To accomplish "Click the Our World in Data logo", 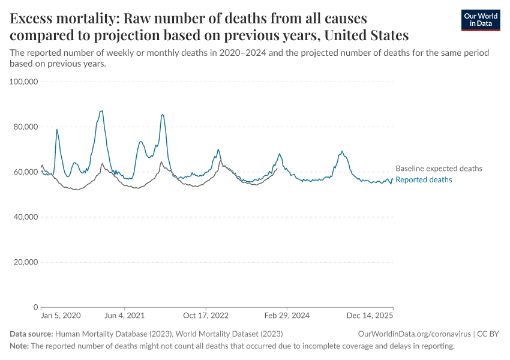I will [x=480, y=20].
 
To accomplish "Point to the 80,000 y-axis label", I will [x=23, y=127].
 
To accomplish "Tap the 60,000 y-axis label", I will [x=23, y=172].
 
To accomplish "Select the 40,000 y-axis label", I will [x=23, y=217].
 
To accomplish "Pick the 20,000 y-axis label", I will [x=23, y=262].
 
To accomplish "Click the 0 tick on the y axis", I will [x=35, y=307].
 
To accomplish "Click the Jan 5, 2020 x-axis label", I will [x=61, y=316].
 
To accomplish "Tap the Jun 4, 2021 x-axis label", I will [x=124, y=316].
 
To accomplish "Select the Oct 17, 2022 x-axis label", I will [x=206, y=316].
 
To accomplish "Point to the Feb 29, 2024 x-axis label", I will [x=287, y=316].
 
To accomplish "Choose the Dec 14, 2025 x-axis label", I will [x=370, y=316].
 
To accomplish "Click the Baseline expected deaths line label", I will [x=439, y=169].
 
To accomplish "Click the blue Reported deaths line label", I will [x=424, y=179].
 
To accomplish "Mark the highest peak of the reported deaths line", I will [x=102, y=111].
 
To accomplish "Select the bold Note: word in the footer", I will [x=19, y=346].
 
